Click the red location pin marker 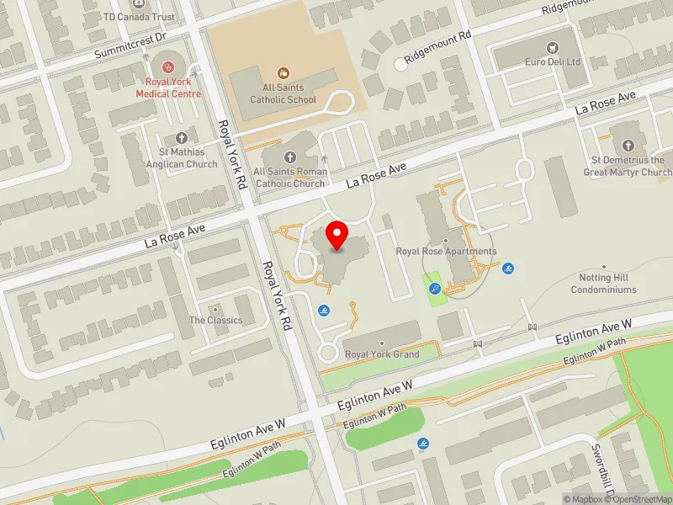pos(337,235)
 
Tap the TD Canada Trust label pos(139,17)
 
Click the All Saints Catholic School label pos(283,93)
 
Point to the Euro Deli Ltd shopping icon pos(553,48)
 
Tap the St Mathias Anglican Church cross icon pos(180,138)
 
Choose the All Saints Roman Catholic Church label pos(290,178)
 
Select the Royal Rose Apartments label pos(446,251)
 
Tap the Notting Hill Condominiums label pos(603,284)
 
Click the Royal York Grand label pos(382,354)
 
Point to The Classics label pos(215,320)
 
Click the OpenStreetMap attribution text pos(641,499)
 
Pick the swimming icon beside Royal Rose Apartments pos(509,268)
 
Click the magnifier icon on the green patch pos(435,288)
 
